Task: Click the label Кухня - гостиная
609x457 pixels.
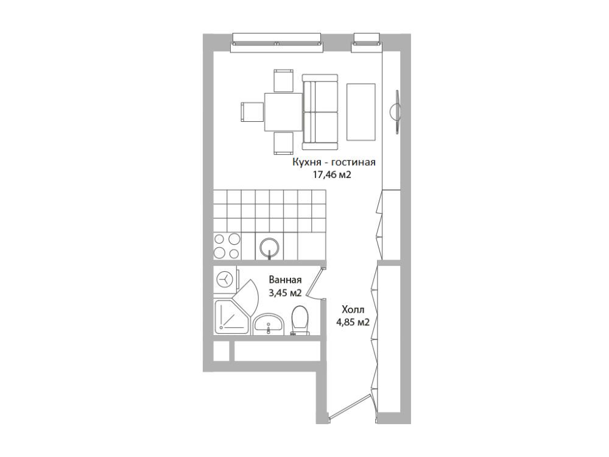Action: point(334,162)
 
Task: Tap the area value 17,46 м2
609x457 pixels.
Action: point(333,175)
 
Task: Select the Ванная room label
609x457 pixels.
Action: point(285,280)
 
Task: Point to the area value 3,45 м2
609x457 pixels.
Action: point(285,293)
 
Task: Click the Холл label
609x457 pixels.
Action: point(353,310)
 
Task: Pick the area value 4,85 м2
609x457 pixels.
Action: point(353,322)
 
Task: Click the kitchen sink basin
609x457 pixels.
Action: point(270,246)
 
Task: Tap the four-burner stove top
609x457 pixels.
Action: point(227,246)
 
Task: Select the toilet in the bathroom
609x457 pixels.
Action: point(300,321)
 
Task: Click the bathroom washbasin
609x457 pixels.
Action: point(268,324)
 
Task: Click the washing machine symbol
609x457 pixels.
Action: point(225,279)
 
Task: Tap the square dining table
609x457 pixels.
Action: point(284,112)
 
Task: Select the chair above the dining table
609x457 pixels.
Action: point(284,80)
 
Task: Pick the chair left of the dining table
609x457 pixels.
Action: point(253,112)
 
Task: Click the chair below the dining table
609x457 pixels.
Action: point(284,143)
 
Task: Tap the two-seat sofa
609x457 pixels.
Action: point(320,112)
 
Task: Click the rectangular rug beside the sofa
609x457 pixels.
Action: point(361,112)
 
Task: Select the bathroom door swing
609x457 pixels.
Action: point(315,283)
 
